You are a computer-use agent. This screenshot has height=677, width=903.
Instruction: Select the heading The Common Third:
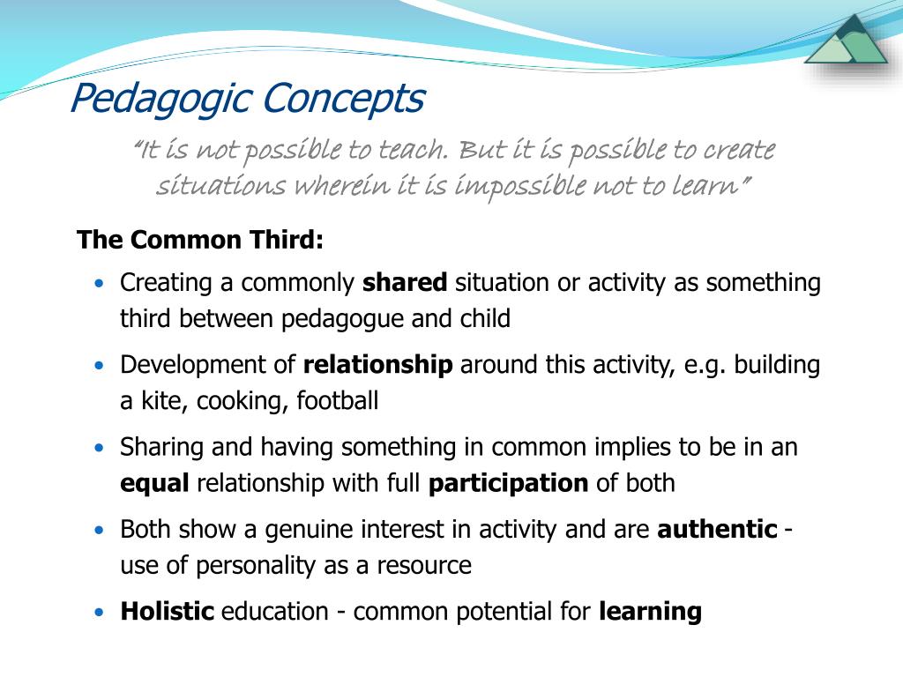pyautogui.click(x=200, y=240)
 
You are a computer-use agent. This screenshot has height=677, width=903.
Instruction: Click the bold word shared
pyautogui.click(x=405, y=283)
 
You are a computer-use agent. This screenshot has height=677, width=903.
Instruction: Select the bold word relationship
pyautogui.click(x=377, y=365)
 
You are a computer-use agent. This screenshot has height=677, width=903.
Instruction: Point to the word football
pyautogui.click(x=337, y=401)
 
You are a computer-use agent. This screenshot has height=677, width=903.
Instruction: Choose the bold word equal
pyautogui.click(x=155, y=483)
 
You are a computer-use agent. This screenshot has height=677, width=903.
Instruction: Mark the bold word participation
pyautogui.click(x=508, y=483)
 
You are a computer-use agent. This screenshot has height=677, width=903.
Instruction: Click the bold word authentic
pyautogui.click(x=717, y=529)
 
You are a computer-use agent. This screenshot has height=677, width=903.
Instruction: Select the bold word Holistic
pyautogui.click(x=168, y=611)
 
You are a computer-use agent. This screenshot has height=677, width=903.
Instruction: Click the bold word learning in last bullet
pyautogui.click(x=650, y=611)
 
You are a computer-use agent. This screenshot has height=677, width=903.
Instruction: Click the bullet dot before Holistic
pyautogui.click(x=100, y=611)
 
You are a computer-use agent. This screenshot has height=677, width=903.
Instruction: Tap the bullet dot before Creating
pyautogui.click(x=100, y=283)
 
